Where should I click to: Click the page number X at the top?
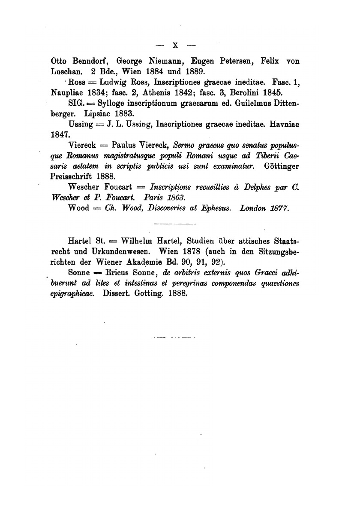174,45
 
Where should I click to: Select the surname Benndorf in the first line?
84,61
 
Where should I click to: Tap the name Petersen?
231,61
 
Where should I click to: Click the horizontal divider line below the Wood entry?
174,224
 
